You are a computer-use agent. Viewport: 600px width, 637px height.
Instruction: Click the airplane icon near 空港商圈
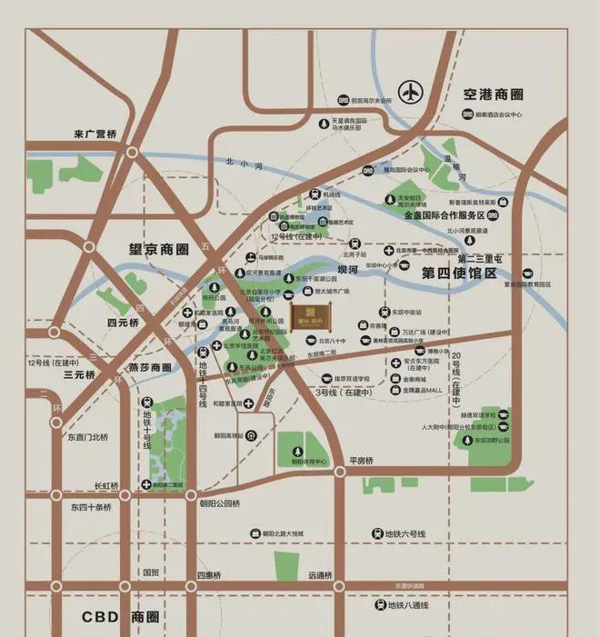413,92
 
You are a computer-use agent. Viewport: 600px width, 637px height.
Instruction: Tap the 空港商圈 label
493,94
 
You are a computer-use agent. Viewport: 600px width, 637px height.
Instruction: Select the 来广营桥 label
96,134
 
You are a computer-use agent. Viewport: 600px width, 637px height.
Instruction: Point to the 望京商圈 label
158,246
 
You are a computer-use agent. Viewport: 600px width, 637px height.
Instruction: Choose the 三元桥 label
80,373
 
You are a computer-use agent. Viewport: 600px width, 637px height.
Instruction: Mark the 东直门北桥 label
86,437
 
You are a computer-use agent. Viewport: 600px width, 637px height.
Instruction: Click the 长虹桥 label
106,485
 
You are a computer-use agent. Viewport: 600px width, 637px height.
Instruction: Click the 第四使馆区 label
459,273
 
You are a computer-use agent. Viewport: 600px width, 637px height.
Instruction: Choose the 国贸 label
150,573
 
